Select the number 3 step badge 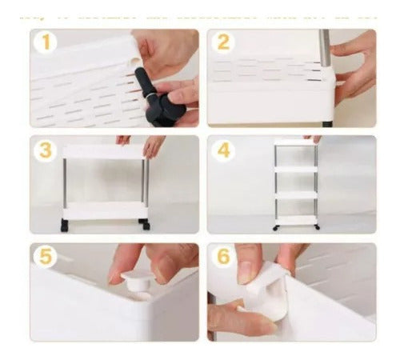pyautogui.click(x=46, y=150)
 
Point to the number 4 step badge pyautogui.click(x=223, y=150)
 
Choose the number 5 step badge pyautogui.click(x=46, y=258)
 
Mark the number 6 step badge pyautogui.click(x=223, y=258)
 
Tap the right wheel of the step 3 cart pyautogui.click(x=143, y=221)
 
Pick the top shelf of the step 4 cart pyautogui.click(x=295, y=143)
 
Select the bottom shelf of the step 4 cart pyautogui.click(x=295, y=218)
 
